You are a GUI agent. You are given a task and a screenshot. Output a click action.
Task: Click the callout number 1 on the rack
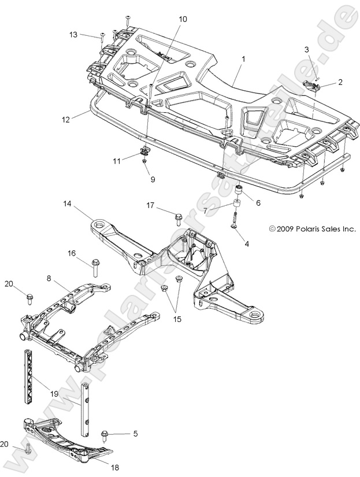pos(243,59)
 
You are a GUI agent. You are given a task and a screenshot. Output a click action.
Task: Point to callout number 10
pos(183,19)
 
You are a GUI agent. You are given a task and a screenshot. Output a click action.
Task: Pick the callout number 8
pos(49,278)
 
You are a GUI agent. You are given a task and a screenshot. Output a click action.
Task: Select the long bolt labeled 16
pos(95,267)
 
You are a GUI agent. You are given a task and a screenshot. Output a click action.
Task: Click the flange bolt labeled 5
pos(105,434)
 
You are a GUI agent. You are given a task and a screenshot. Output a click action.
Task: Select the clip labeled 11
pos(144,153)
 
